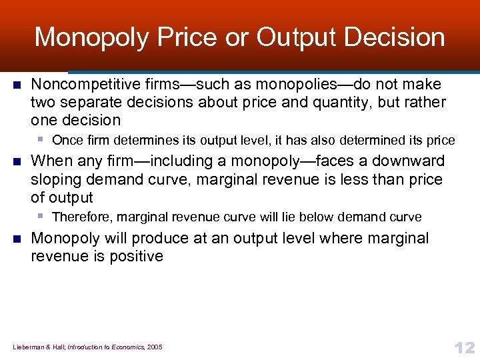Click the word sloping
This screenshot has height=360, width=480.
(x=56, y=180)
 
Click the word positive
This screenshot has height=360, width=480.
(x=134, y=257)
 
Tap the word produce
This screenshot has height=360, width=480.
(x=158, y=239)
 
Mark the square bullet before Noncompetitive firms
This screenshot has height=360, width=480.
(x=17, y=85)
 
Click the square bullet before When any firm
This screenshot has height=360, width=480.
(x=17, y=161)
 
